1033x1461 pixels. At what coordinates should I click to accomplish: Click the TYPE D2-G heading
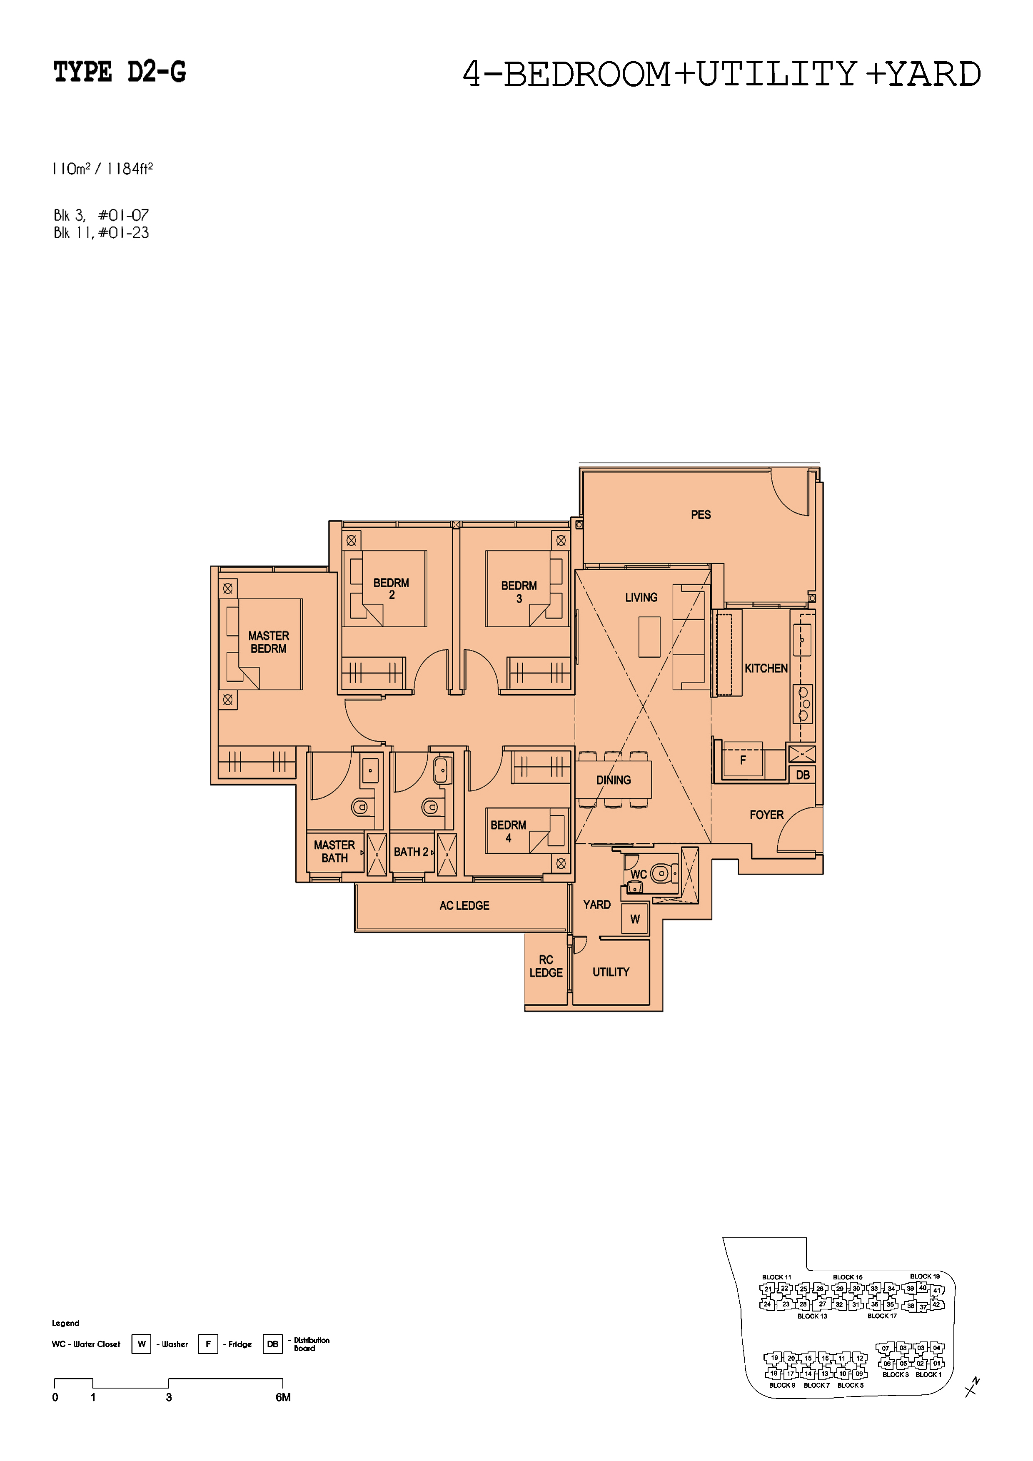pyautogui.click(x=120, y=72)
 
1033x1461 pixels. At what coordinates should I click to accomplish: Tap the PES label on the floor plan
pyautogui.click(x=701, y=514)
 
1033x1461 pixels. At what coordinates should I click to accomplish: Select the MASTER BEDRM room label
pyautogui.click(x=269, y=642)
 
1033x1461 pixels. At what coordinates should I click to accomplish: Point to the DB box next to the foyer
pyautogui.click(x=803, y=774)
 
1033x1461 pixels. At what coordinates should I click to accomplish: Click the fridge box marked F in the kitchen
pyautogui.click(x=743, y=760)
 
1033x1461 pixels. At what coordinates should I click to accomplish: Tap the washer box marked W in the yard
pyautogui.click(x=635, y=919)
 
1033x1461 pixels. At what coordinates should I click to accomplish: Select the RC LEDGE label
pyautogui.click(x=546, y=966)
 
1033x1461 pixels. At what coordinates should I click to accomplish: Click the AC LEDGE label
pyautogui.click(x=464, y=905)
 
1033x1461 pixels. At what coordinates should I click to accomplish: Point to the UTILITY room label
pyautogui.click(x=611, y=972)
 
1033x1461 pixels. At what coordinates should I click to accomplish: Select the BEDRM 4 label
pyautogui.click(x=509, y=831)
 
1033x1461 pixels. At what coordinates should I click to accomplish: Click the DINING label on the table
pyautogui.click(x=614, y=780)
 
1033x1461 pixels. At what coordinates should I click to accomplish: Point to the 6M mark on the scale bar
pyautogui.click(x=283, y=1397)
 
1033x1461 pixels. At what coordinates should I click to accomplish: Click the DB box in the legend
pyautogui.click(x=272, y=1344)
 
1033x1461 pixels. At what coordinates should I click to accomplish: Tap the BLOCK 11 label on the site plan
pyautogui.click(x=776, y=1277)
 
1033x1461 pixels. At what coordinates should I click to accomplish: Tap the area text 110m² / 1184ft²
pyautogui.click(x=102, y=169)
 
